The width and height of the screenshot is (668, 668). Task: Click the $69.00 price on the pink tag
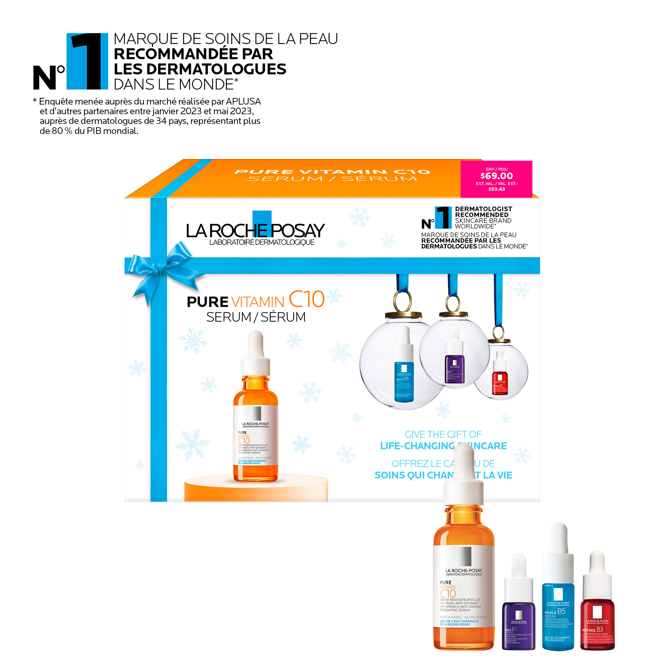point(497,176)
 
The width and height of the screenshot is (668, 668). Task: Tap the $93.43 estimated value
point(497,189)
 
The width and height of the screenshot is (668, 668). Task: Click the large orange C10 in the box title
point(306,299)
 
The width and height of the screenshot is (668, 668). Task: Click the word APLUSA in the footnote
point(243,102)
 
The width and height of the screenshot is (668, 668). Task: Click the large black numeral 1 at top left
point(87,61)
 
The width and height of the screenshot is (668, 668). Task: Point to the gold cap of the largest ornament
point(403,315)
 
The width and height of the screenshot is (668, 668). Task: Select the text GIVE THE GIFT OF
point(443,434)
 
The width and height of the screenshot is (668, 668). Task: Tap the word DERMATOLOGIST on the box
point(483,209)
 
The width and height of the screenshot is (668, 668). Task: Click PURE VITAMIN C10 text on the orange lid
point(332,172)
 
